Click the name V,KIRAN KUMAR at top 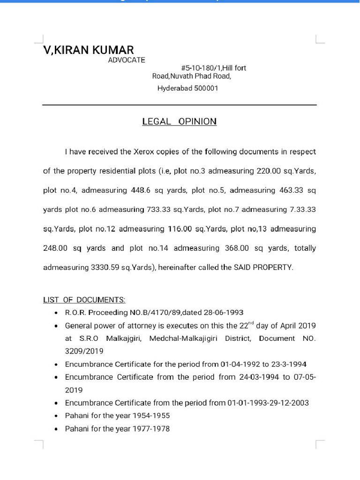[89, 50]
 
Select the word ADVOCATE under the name [127, 60]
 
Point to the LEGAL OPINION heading [180, 121]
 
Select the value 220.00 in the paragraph [269, 171]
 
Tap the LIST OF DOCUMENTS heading [84, 300]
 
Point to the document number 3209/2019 [84, 351]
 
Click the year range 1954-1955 [151, 415]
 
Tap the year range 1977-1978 [151, 428]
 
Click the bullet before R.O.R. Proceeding [56, 313]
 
